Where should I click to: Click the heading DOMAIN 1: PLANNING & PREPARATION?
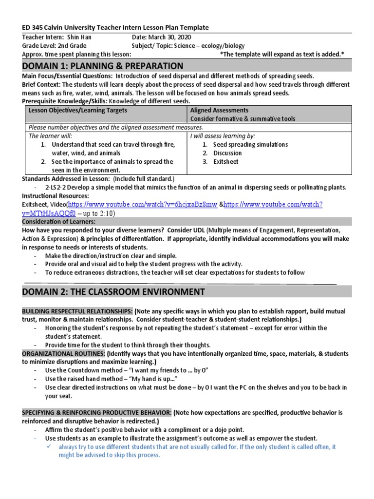coord(103,66)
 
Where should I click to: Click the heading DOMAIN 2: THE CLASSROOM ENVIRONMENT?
coord(113,291)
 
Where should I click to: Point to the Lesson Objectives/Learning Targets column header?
coord(78,111)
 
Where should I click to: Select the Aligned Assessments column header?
coord(219,111)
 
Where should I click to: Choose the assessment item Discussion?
coord(227,153)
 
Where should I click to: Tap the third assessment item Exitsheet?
coord(226,162)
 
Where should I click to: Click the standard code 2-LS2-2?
coord(56,188)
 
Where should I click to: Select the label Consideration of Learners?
coord(59,222)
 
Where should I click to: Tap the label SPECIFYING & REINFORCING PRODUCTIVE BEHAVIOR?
coord(96,413)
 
